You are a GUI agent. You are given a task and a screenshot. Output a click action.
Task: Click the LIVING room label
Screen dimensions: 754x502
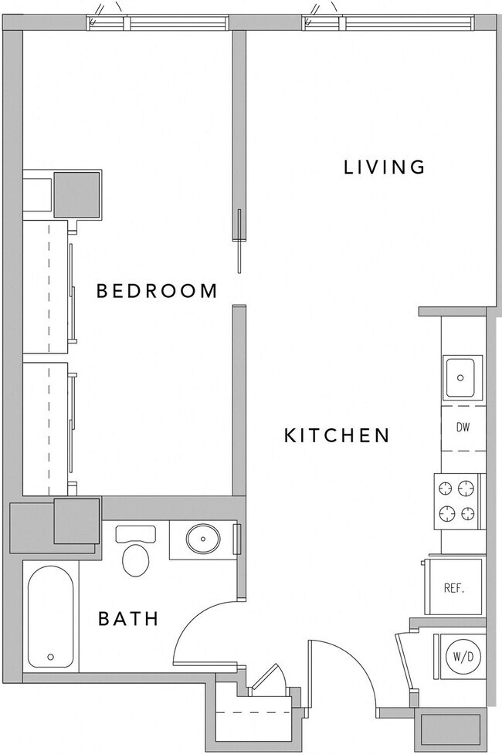384,167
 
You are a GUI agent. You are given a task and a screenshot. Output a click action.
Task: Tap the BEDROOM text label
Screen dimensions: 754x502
156,291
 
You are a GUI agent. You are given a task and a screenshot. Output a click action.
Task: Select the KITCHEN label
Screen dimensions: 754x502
337,435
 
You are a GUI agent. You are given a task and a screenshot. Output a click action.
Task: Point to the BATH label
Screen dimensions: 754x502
128,618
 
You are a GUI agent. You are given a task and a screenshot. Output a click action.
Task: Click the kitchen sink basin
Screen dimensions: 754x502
461,377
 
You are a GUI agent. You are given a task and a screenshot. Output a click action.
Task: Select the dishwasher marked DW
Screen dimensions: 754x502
463,428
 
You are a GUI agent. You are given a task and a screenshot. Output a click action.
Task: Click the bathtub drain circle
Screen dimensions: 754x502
51,658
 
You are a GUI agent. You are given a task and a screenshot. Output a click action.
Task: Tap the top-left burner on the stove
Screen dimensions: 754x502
446,488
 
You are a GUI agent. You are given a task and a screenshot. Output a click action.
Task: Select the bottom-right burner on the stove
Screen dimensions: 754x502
466,513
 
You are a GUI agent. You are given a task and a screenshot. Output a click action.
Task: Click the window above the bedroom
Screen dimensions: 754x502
158,23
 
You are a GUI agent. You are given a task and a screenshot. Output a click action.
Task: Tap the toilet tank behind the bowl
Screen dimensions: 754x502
135,533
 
